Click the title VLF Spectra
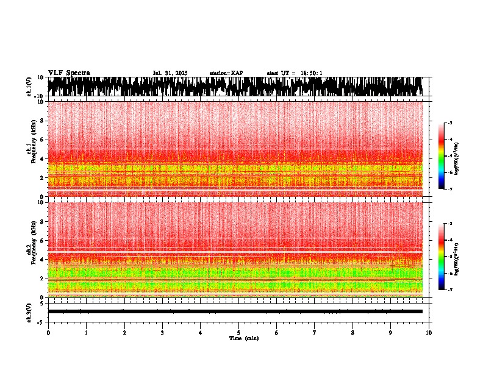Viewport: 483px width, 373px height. click(x=69, y=73)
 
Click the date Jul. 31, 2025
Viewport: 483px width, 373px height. click(x=170, y=73)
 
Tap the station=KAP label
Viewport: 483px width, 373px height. click(x=226, y=73)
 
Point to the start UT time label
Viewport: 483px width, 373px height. click(x=295, y=73)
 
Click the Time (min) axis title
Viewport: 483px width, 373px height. click(x=243, y=338)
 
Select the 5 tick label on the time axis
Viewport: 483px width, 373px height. click(x=238, y=333)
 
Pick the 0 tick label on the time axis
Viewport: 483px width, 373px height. click(x=48, y=333)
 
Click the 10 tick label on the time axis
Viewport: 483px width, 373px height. click(x=429, y=333)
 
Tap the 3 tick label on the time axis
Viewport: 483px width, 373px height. click(x=162, y=333)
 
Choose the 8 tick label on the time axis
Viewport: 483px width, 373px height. click(x=352, y=333)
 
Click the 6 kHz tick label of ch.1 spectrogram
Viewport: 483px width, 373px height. click(x=42, y=140)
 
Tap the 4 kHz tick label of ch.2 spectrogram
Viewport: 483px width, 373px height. click(x=42, y=260)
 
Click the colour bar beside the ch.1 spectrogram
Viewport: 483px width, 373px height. click(x=442, y=156)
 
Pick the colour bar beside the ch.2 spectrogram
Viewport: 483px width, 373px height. click(x=442, y=257)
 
